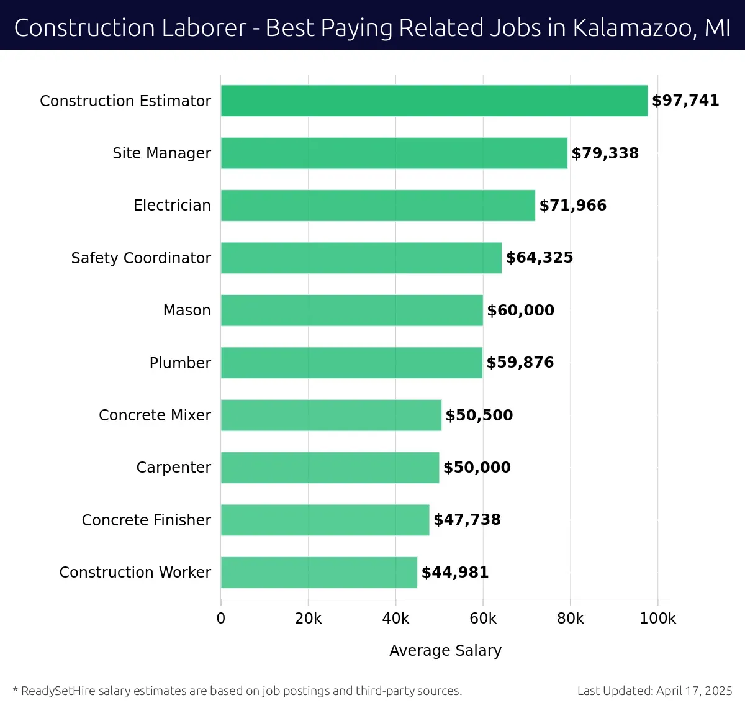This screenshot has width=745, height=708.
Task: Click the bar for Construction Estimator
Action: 434,101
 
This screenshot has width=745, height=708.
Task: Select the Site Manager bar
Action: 394,153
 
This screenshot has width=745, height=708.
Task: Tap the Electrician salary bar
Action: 378,206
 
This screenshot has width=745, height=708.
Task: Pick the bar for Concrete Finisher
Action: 325,520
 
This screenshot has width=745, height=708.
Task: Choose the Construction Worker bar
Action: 319,572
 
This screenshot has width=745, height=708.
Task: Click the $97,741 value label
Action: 685,101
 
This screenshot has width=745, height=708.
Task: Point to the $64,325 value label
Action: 540,258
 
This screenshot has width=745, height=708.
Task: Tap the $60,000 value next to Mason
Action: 520,310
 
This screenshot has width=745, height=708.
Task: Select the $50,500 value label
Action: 479,415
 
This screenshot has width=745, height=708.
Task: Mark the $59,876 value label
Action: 520,363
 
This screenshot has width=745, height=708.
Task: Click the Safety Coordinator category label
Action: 141,258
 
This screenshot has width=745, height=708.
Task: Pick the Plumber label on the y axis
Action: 180,363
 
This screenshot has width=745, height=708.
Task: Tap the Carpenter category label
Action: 173,467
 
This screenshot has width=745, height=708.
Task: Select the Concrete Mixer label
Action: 155,415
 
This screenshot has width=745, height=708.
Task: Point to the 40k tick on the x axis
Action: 395,619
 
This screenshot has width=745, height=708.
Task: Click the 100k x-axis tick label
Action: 657,619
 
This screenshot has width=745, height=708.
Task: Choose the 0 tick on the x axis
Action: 221,619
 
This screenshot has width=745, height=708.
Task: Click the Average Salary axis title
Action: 445,650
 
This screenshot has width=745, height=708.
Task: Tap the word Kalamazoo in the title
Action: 633,28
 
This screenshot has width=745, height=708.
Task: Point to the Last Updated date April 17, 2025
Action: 694,691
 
